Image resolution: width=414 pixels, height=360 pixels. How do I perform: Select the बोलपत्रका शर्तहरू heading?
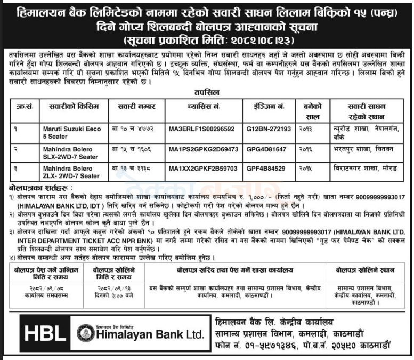pos(34,188)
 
